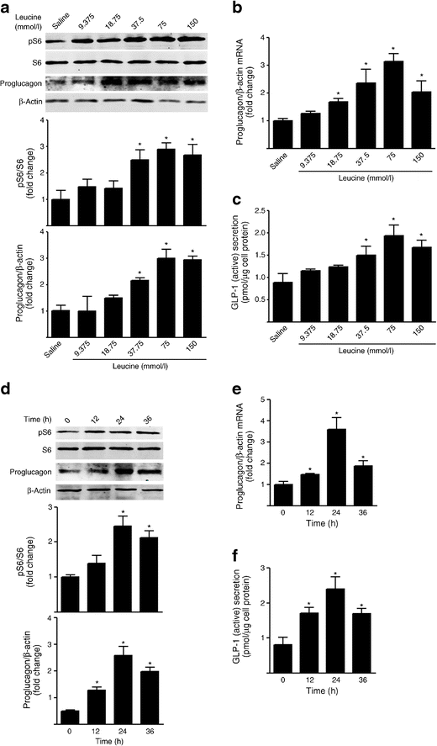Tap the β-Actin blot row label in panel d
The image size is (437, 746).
pos(28,489)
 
